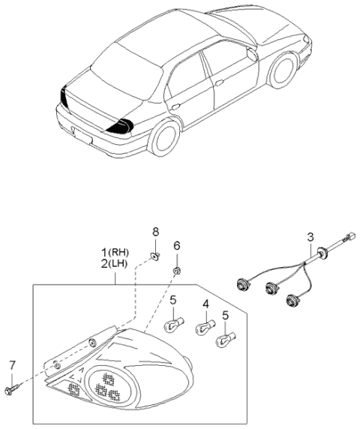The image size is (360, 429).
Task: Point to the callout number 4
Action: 204,304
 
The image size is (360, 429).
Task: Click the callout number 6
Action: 177,245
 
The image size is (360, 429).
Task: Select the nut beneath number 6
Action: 175,270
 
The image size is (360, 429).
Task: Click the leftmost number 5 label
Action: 172,301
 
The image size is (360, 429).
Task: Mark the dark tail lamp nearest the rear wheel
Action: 119,126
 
